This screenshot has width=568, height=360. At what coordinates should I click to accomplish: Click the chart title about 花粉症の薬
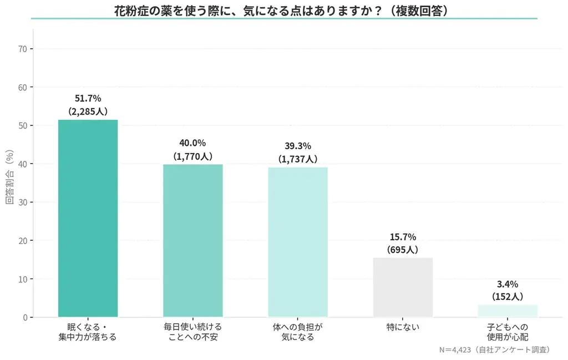coord(281,10)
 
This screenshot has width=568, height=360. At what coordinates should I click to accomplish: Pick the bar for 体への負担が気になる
coord(298,242)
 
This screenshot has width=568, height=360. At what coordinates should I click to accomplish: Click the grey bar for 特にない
coord(403,287)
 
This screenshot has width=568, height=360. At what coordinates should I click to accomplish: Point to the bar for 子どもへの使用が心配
coord(508,311)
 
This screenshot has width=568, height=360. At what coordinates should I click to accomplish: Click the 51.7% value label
coord(88,98)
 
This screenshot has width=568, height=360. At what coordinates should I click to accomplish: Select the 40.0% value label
coord(192,143)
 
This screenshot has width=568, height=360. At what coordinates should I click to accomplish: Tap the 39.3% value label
coord(298,146)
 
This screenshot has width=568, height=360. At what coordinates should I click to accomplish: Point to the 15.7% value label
coord(403,237)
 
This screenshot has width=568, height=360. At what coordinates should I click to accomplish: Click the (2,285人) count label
coord(88,111)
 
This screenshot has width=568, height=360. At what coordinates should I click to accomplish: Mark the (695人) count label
coord(403,250)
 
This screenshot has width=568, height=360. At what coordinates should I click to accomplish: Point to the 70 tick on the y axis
coord(23,49)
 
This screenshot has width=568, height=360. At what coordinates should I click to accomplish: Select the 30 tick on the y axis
coord(23,202)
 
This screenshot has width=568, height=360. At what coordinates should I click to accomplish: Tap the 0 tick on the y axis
coord(26,317)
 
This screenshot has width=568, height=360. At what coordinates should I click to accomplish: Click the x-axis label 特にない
coord(403,327)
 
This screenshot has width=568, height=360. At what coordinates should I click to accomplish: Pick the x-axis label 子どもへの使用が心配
coord(508,332)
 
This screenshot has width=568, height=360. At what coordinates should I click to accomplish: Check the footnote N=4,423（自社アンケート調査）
coord(494,350)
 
